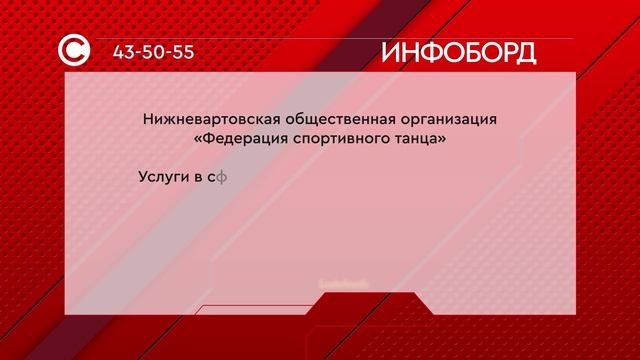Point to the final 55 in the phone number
(181, 52)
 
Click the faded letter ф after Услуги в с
(225, 178)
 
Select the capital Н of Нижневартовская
(149, 121)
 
